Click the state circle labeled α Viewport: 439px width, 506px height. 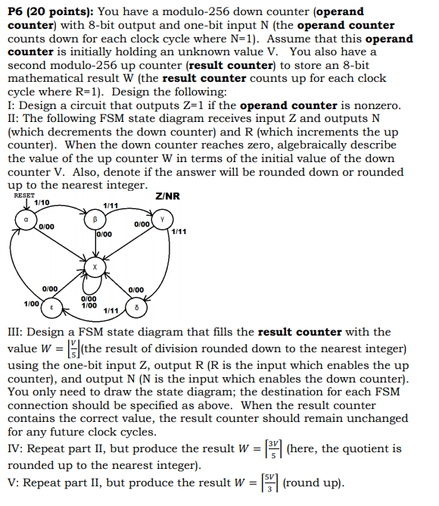pos(26,220)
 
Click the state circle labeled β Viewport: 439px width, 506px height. pos(96,219)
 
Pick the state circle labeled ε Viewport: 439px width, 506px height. pos(51,308)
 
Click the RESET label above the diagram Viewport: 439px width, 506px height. pos(24,195)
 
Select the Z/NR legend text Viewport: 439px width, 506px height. pos(167,196)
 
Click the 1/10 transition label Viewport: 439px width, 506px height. pos(42,203)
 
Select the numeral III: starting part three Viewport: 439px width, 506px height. pos(17,332)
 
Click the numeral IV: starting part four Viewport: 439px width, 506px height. pos(16,448)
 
